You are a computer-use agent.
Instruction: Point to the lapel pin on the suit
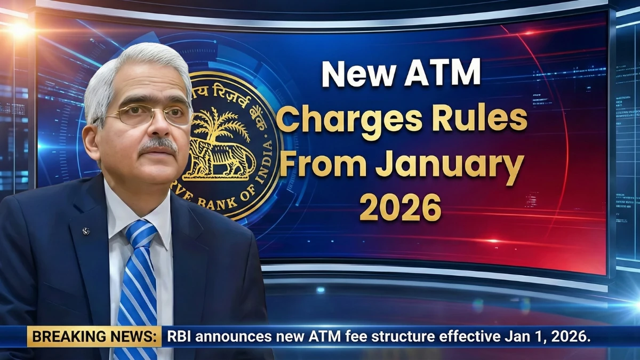[x=86, y=231]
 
